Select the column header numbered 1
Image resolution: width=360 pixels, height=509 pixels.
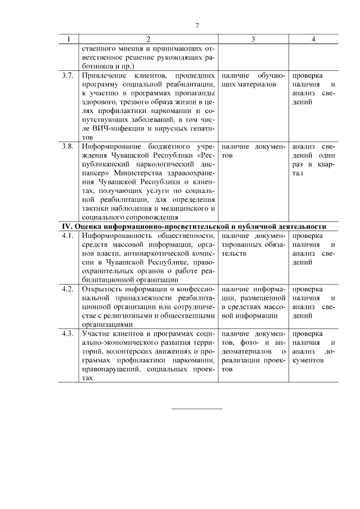click(x=69, y=39)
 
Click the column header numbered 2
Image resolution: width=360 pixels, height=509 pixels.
click(x=148, y=39)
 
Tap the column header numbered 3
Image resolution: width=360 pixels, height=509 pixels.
click(x=253, y=39)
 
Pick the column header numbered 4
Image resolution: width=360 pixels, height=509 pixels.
click(x=313, y=39)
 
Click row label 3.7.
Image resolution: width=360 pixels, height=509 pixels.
click(x=68, y=75)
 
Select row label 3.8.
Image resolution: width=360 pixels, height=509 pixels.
click(x=68, y=146)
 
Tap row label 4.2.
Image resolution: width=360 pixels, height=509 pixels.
click(x=68, y=289)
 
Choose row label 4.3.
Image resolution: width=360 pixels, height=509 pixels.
click(x=68, y=334)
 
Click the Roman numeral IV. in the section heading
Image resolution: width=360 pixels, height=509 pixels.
click(x=67, y=226)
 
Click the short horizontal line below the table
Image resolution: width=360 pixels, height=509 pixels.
click(x=197, y=408)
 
